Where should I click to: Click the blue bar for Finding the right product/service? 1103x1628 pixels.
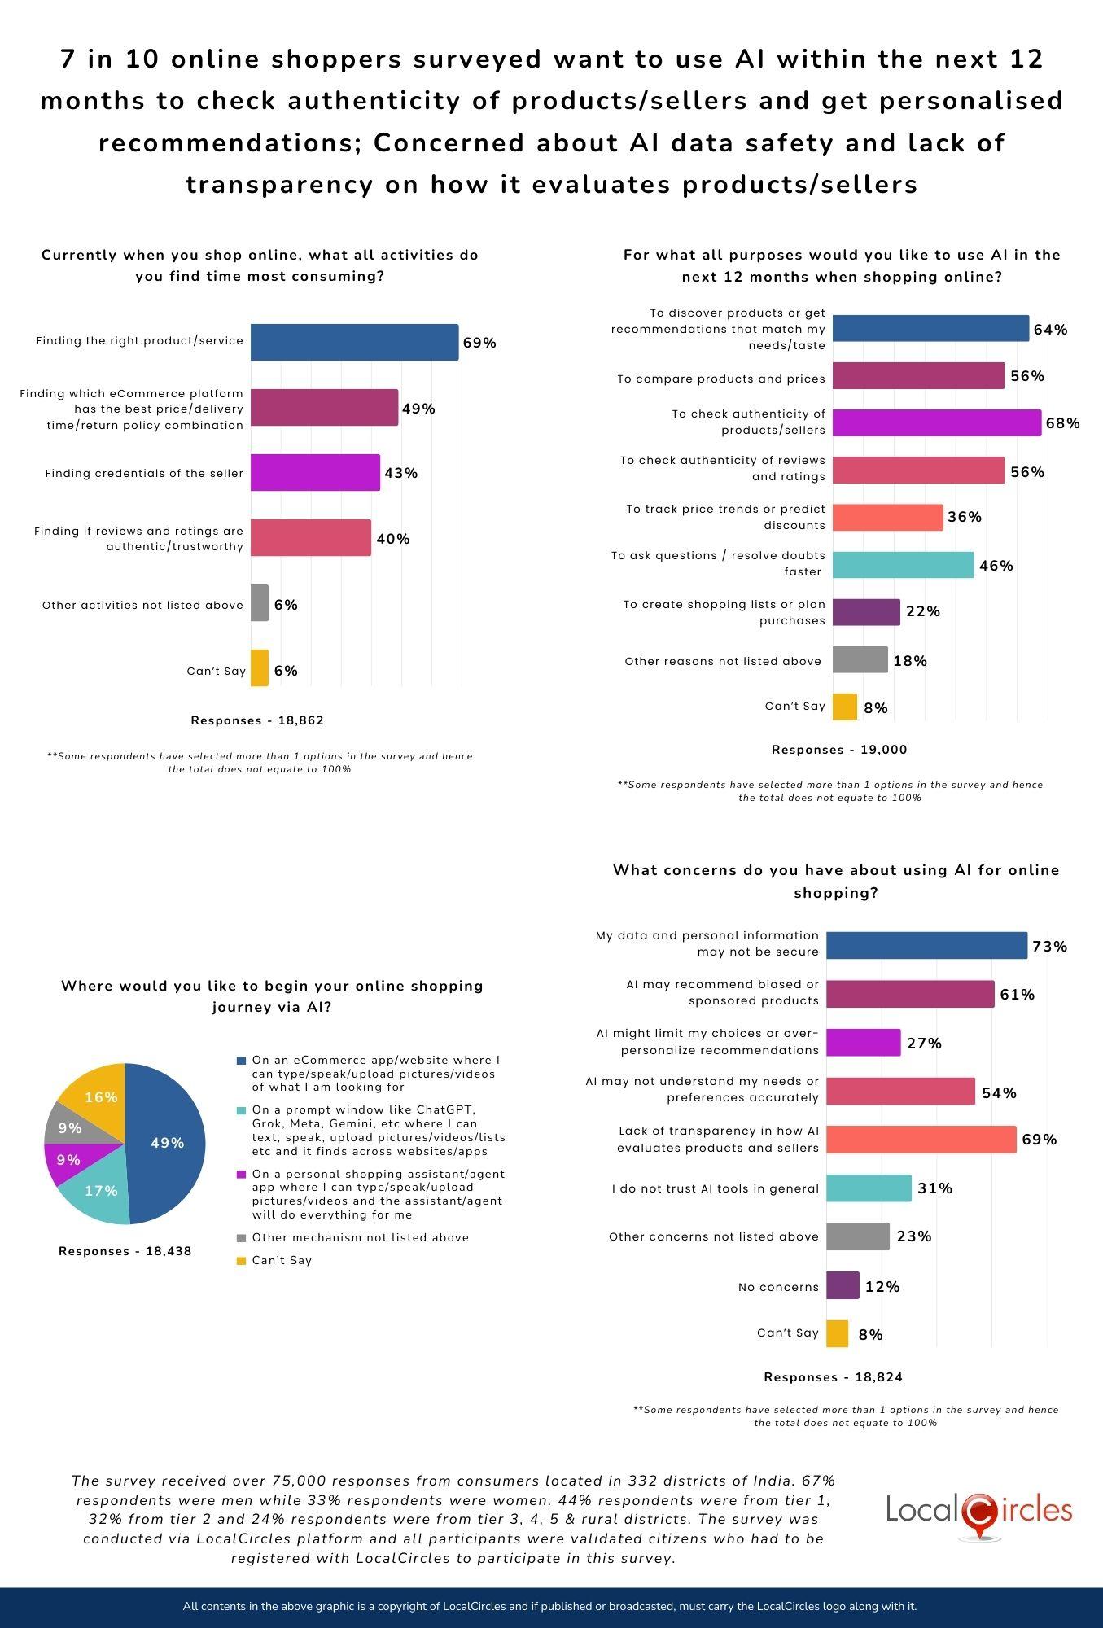354,342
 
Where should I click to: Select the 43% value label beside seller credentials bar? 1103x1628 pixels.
400,473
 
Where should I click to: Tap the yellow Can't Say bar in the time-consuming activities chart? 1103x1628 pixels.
260,667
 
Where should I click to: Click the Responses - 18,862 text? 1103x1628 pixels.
257,720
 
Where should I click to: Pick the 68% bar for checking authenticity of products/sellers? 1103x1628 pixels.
936,423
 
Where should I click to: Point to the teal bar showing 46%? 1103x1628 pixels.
903,565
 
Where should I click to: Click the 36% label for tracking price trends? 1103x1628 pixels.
965,517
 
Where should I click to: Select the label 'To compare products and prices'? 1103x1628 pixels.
720,379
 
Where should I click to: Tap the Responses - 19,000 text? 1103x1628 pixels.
838,750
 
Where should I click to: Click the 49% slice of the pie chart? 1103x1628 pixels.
167,1143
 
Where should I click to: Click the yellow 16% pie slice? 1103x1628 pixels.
100,1096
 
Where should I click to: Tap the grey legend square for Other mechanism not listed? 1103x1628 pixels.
241,1238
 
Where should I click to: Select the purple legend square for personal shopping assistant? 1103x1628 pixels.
241,1175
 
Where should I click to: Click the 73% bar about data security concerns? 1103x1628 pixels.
926,946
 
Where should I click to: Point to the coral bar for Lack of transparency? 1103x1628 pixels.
921,1140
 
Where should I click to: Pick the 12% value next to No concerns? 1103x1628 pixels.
882,1286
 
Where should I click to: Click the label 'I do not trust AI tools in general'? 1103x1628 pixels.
715,1188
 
